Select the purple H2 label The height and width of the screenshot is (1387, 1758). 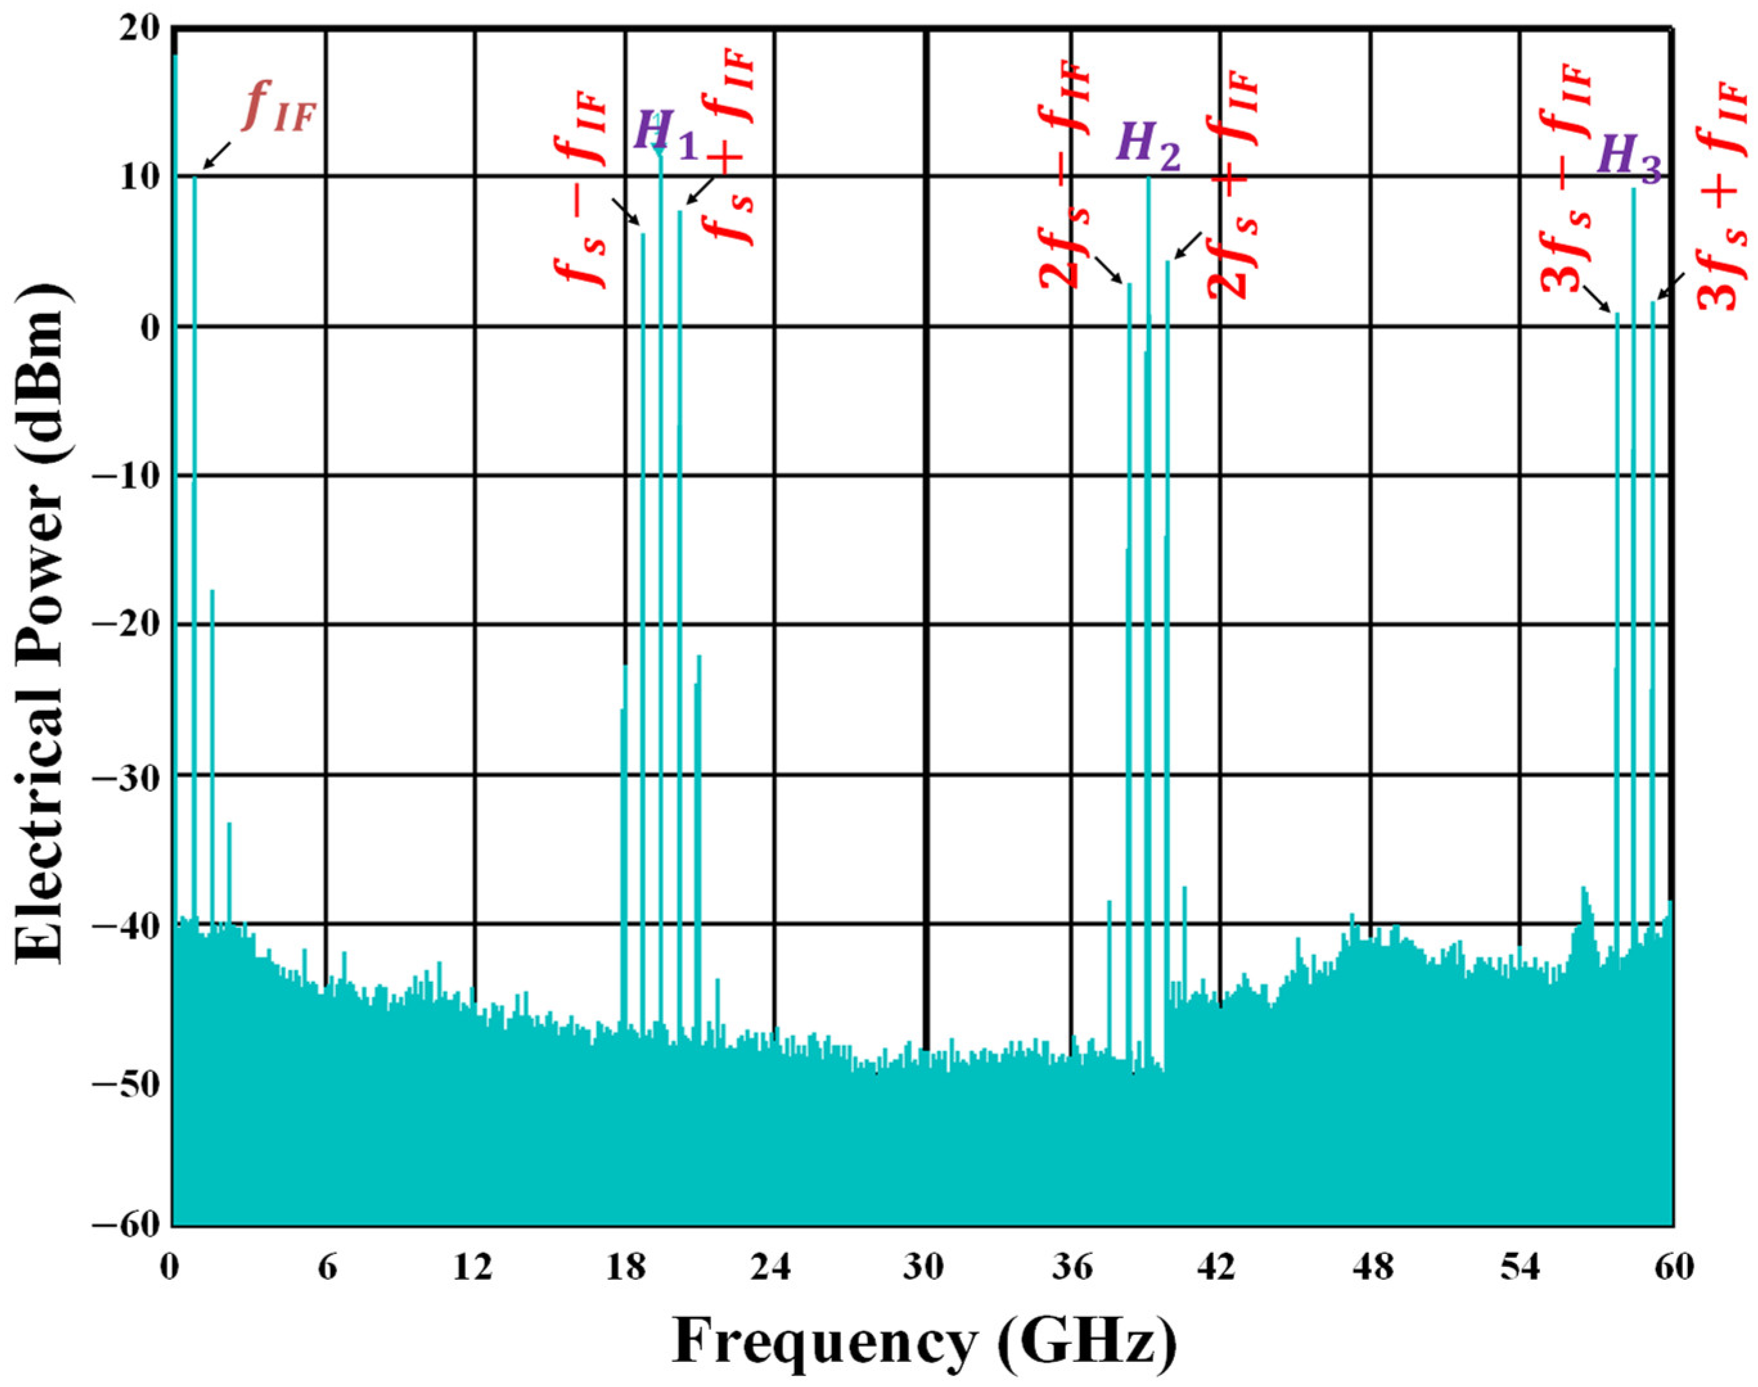[x=1147, y=148]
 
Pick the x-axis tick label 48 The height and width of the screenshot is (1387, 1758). [x=1371, y=1268]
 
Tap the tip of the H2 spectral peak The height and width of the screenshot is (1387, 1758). [x=1148, y=178]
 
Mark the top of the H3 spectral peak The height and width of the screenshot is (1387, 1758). [x=1634, y=190]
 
